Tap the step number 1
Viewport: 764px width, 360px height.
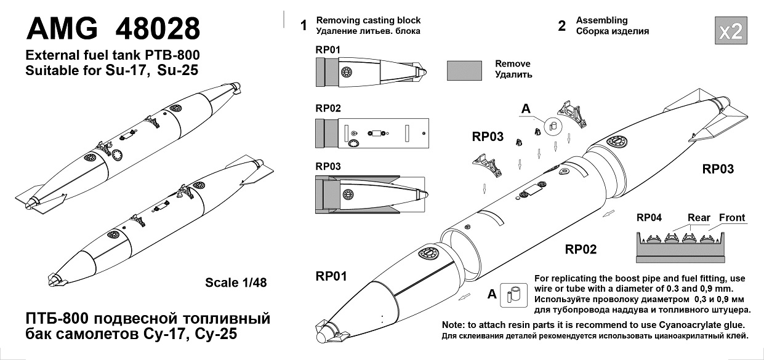pyautogui.click(x=303, y=26)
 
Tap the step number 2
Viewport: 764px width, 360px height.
pyautogui.click(x=561, y=26)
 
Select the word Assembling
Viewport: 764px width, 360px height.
pyautogui.click(x=601, y=20)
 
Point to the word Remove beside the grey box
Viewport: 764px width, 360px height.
pyautogui.click(x=512, y=64)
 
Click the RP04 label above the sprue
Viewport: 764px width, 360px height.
pyautogui.click(x=649, y=218)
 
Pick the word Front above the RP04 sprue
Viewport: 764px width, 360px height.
pyautogui.click(x=732, y=218)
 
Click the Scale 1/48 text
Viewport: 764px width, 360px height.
pyautogui.click(x=236, y=282)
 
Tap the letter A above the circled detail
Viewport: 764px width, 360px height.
pyautogui.click(x=526, y=109)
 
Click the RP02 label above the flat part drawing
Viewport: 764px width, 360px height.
pyautogui.click(x=328, y=108)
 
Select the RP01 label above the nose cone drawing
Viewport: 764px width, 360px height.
pyautogui.click(x=328, y=49)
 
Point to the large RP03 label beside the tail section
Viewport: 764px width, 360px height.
pyautogui.click(x=718, y=169)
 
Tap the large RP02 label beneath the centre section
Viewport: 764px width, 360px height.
pyautogui.click(x=581, y=249)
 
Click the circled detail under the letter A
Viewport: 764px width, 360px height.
pyautogui.click(x=552, y=126)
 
